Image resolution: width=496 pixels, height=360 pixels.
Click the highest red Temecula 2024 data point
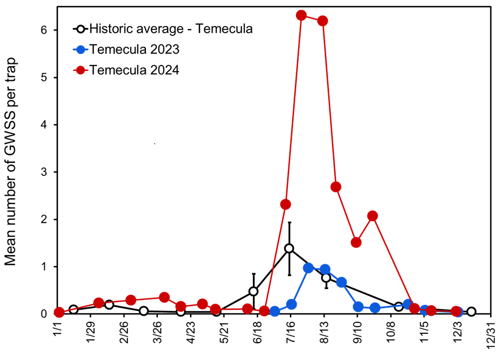click(x=301, y=15)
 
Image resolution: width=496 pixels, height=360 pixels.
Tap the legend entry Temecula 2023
click(x=134, y=49)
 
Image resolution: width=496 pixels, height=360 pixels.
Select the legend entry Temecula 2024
click(x=134, y=70)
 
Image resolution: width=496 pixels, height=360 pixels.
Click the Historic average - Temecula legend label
click(x=171, y=29)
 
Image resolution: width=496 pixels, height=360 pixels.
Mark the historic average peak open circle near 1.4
click(x=289, y=249)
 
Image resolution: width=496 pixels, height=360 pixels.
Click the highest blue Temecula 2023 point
click(x=308, y=268)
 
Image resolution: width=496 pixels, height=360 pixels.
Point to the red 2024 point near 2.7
click(x=336, y=187)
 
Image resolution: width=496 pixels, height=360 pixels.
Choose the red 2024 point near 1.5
click(x=356, y=243)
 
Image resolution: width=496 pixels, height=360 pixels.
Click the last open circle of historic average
click(x=471, y=311)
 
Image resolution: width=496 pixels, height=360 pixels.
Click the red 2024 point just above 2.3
click(x=285, y=204)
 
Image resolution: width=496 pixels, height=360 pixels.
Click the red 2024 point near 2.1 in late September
click(x=373, y=216)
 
